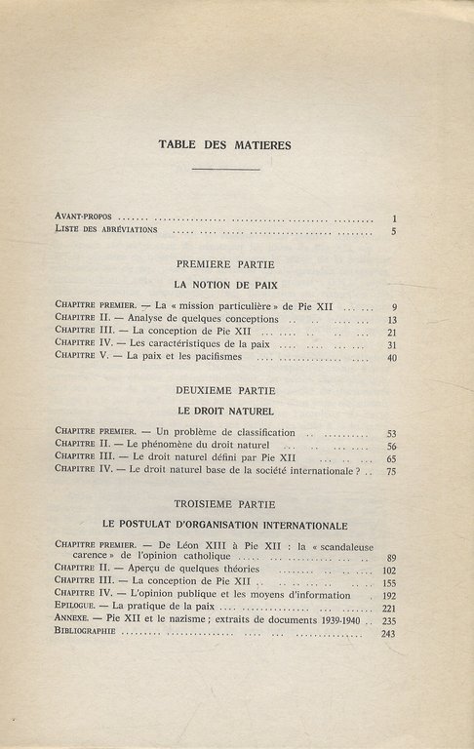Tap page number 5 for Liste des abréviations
click(391, 232)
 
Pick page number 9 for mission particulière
click(391, 306)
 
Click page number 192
click(387, 594)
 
